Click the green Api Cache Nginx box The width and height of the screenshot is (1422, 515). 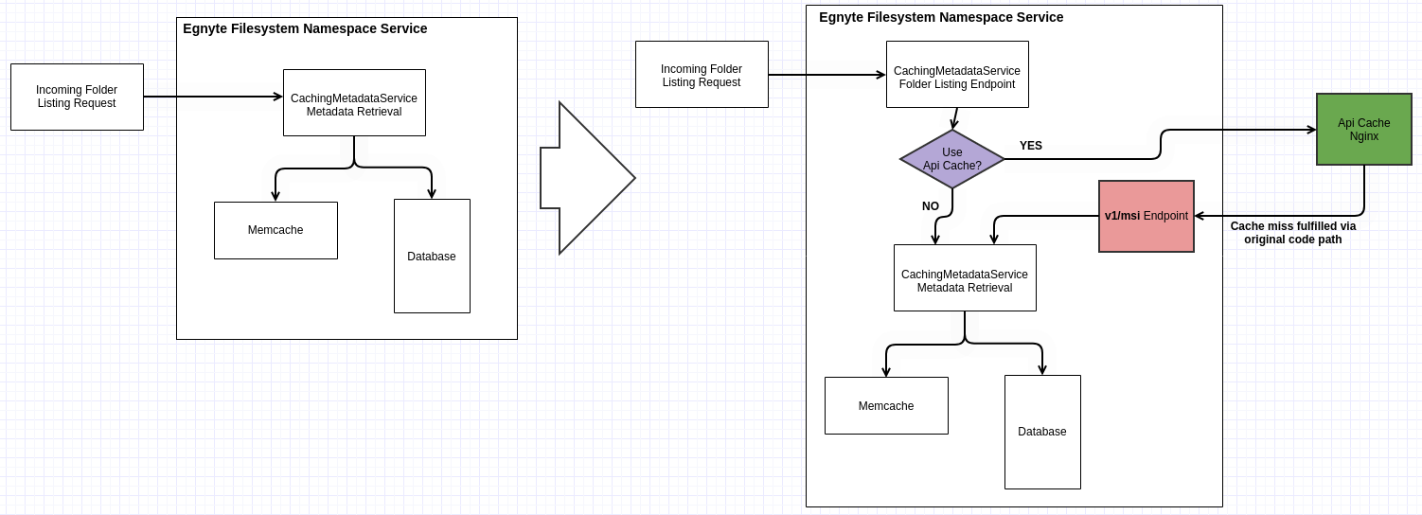click(x=1363, y=130)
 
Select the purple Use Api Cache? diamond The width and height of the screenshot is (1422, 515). click(x=951, y=159)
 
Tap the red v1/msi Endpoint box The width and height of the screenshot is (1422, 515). click(x=1146, y=216)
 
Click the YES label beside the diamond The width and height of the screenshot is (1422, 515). click(x=1030, y=146)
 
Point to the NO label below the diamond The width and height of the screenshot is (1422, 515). click(x=931, y=206)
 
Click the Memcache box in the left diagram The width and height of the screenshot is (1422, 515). click(x=276, y=230)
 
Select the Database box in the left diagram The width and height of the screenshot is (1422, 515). click(x=432, y=257)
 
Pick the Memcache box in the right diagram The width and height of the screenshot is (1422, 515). click(x=886, y=406)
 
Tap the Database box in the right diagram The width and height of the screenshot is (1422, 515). click(x=1042, y=432)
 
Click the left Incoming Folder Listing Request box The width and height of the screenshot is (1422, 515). click(x=77, y=97)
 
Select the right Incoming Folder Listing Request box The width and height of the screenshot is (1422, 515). click(x=702, y=75)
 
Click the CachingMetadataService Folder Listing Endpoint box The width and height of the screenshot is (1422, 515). click(x=957, y=75)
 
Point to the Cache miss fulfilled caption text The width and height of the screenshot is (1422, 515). click(x=1292, y=233)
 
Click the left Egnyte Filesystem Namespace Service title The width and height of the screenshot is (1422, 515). click(x=305, y=28)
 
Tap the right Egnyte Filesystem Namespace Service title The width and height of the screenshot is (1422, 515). click(x=941, y=17)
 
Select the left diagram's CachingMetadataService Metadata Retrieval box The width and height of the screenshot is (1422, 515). click(x=354, y=103)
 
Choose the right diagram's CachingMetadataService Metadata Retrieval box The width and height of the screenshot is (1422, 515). click(x=965, y=278)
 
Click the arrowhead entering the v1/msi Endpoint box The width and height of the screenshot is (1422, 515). click(x=1200, y=216)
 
